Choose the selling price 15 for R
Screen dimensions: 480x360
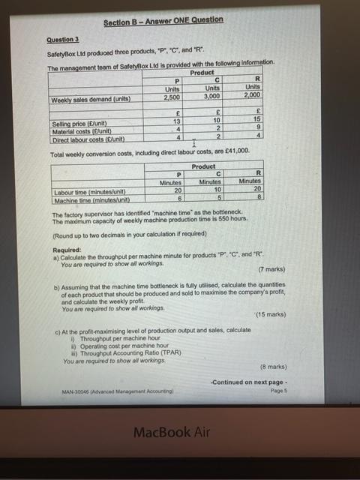(258, 118)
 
